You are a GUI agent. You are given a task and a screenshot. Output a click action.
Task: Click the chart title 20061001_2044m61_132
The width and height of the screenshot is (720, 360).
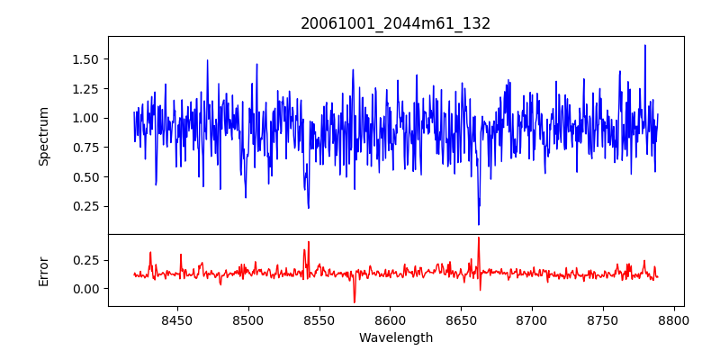395,23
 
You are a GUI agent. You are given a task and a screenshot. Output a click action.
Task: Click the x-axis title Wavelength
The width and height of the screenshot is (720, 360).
395,338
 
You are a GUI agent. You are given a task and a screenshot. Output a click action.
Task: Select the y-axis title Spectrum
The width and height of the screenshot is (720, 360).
43,136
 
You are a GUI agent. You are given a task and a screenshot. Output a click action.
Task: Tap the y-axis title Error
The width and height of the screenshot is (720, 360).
43,271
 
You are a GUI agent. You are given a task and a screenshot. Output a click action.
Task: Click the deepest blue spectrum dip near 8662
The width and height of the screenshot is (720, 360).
479,224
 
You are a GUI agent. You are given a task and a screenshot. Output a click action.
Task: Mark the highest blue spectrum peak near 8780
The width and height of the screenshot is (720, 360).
645,46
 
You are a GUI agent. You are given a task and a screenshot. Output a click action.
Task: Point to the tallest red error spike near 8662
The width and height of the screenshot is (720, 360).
479,238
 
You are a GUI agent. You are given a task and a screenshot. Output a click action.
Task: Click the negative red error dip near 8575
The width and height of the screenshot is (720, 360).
355,301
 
